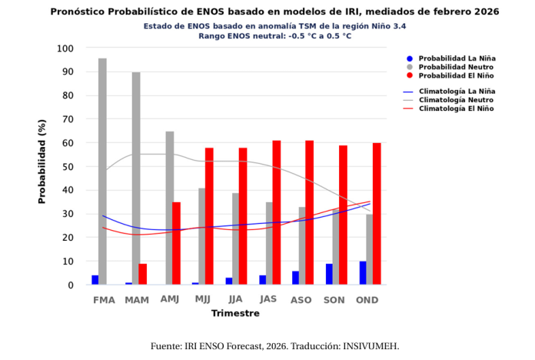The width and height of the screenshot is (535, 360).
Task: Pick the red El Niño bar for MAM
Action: [143, 274]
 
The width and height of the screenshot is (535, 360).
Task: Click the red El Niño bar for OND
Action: [377, 214]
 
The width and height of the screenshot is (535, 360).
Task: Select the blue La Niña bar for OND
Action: [363, 273]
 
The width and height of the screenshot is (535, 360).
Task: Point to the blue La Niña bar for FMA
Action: [95, 280]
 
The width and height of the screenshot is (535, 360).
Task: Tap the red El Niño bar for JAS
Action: [276, 212]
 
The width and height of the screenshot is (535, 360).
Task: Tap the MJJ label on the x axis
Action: [203, 299]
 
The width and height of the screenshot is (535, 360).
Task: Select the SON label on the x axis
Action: [334, 299]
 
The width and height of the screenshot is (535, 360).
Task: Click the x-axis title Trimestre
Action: [236, 313]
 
